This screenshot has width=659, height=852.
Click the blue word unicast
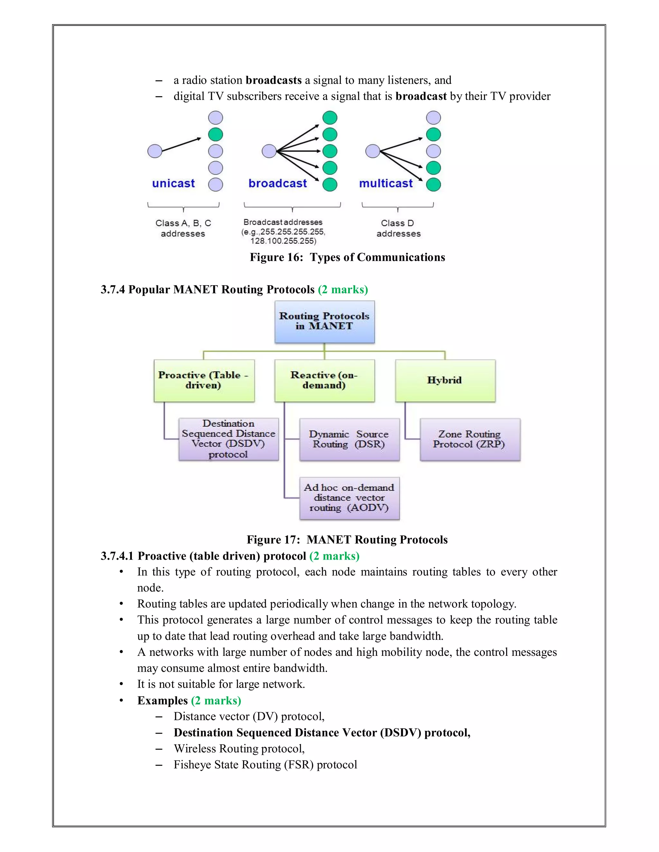pos(173,183)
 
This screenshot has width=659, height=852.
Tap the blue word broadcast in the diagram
pos(278,183)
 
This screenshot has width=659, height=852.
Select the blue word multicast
pos(386,183)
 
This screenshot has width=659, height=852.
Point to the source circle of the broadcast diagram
pos(269,151)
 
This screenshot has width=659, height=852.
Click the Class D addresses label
pos(398,228)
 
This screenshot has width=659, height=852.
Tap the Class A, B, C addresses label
pos(183,228)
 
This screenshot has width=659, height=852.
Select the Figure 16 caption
pos(347,258)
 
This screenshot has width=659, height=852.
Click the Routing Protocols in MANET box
pos(324,322)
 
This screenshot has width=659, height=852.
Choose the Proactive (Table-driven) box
pos(204,380)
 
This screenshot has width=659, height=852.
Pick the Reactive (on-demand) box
pos(324,380)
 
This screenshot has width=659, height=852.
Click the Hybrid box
pos(445,380)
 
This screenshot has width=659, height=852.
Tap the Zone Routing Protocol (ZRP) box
pos(470,439)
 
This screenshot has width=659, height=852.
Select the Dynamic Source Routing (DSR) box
pos(349,439)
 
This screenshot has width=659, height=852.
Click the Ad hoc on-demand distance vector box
pos(349,498)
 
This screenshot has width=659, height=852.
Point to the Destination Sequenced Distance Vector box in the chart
pos(228,439)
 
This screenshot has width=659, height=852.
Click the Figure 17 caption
pos(347,540)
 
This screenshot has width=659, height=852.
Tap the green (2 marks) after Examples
pos(216,701)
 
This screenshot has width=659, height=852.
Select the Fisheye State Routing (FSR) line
pos(265,765)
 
